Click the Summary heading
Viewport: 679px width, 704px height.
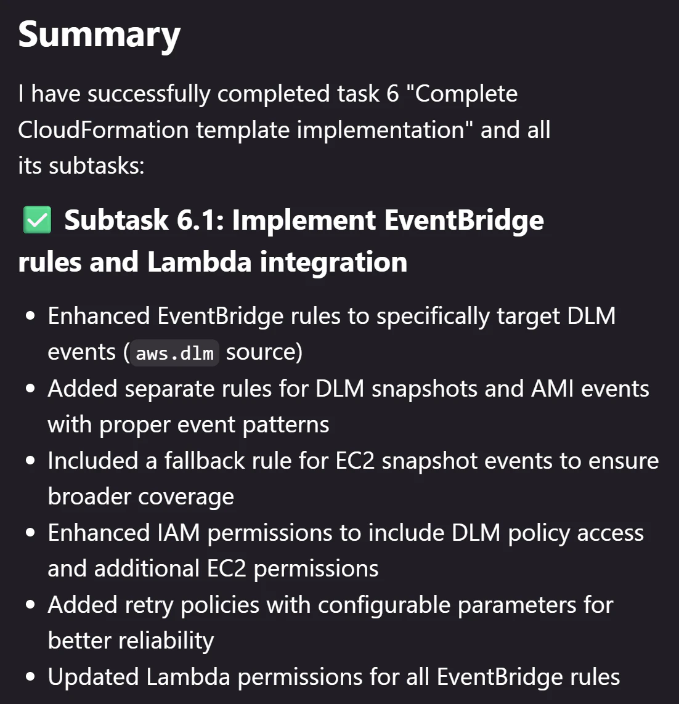[99, 36]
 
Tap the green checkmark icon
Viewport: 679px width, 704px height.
[37, 220]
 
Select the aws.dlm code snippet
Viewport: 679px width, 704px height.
[175, 353]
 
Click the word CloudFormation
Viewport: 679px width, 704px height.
[104, 130]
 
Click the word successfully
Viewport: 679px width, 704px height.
[148, 94]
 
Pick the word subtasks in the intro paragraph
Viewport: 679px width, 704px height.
[96, 166]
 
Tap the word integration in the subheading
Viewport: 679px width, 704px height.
[333, 262]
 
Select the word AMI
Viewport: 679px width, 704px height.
[552, 389]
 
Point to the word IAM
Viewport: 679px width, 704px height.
[178, 533]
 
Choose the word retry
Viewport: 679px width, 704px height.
[149, 605]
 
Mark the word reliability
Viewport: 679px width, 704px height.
[166, 641]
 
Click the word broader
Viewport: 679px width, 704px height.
[89, 496]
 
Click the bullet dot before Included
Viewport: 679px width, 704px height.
[31, 461]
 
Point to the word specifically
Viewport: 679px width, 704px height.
[433, 317]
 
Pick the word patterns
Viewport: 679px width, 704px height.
[286, 425]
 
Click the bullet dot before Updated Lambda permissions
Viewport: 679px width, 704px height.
[31, 677]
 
